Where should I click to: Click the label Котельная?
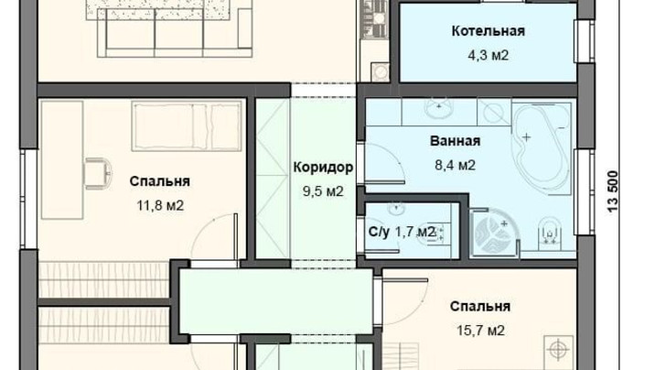488,31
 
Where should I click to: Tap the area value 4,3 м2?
488,56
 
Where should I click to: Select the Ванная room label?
456,141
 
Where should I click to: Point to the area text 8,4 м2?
456,165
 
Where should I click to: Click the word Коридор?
323,168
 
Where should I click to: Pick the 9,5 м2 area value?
323,191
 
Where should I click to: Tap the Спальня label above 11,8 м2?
159,181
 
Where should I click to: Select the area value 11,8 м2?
160,206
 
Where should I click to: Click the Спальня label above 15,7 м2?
480,307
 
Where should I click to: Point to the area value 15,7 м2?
480,331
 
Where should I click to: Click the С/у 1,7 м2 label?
402,231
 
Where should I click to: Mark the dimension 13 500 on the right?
612,191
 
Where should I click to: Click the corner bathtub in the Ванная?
542,147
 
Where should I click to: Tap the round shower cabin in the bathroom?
495,231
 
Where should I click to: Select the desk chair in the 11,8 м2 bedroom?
99,173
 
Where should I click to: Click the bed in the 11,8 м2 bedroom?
187,125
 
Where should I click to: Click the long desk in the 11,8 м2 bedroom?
62,159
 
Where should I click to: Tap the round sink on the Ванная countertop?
439,108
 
